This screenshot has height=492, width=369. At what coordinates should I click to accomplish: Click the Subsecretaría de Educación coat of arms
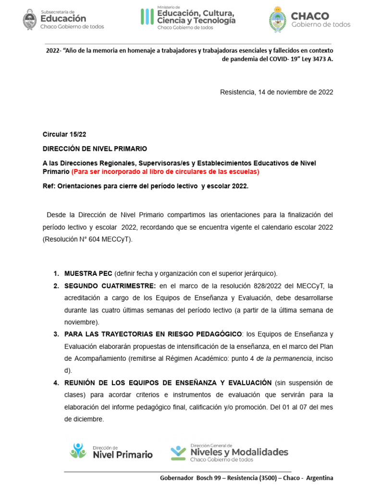coord(30,19)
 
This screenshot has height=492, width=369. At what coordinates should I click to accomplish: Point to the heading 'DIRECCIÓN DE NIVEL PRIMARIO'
coord(95,149)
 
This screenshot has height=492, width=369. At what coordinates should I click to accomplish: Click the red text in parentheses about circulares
coord(165,172)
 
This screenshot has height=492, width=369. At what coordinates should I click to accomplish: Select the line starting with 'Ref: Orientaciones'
coord(146,185)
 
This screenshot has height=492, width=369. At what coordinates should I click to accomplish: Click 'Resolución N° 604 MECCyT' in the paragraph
coord(86,239)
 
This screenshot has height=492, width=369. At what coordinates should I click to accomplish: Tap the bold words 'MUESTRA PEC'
coord(88,273)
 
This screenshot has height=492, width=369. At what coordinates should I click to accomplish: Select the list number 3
coord(56,334)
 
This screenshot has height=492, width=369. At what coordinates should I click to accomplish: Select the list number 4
coord(56,383)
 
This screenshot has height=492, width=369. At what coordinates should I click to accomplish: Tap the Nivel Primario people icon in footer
coord(78,450)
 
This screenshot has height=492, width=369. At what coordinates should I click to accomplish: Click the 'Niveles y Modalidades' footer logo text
coord(239,452)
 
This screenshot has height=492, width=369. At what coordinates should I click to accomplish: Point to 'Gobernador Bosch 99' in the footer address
coord(191,478)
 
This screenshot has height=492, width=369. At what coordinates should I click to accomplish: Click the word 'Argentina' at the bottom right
coord(319,478)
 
